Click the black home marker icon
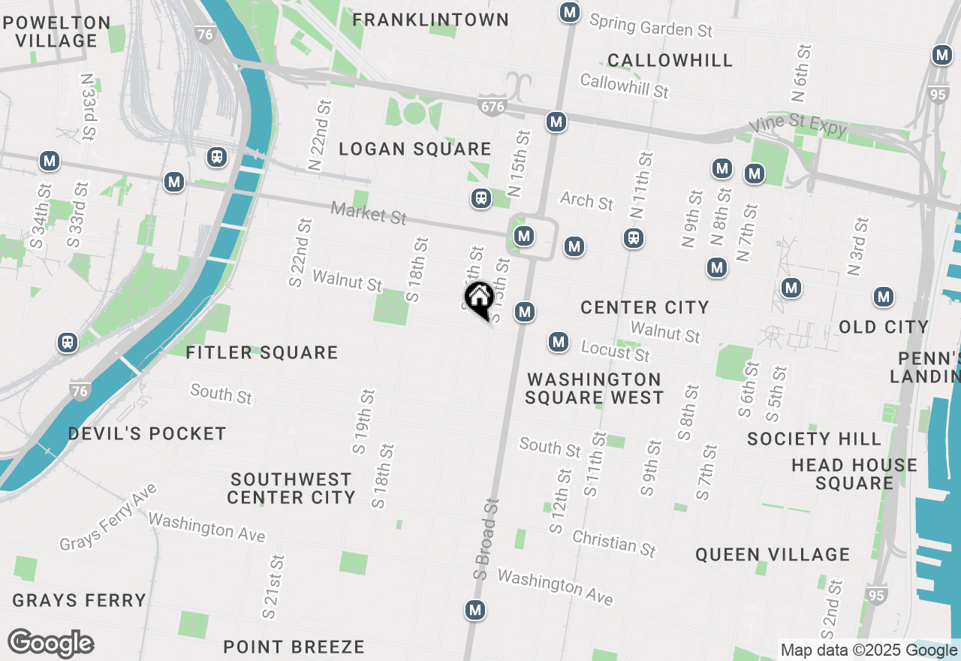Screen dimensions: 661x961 pos(478,298)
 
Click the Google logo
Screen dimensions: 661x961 pos(50,644)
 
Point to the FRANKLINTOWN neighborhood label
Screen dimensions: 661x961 pos(431,20)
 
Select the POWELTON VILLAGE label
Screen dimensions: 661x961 pos(57,32)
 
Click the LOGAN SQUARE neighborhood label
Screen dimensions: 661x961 pos(415,149)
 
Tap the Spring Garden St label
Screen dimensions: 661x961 pos(650,26)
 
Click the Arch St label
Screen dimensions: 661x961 pos(587,201)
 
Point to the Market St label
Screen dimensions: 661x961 pos(369,213)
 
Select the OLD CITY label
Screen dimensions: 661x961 pos(884,327)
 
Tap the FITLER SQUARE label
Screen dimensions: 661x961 pos(262,352)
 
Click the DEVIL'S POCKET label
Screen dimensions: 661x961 pos(147,433)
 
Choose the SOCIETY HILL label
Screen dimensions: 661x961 pos(814,438)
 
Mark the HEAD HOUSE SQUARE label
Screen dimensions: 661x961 pos(854,473)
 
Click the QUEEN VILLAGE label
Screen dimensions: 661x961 pos(772,554)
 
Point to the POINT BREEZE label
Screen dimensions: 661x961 pos(294,647)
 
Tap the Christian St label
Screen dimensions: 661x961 pos(614,542)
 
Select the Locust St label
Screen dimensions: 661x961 pos(616,349)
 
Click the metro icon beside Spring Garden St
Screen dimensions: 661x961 pos(570,12)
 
